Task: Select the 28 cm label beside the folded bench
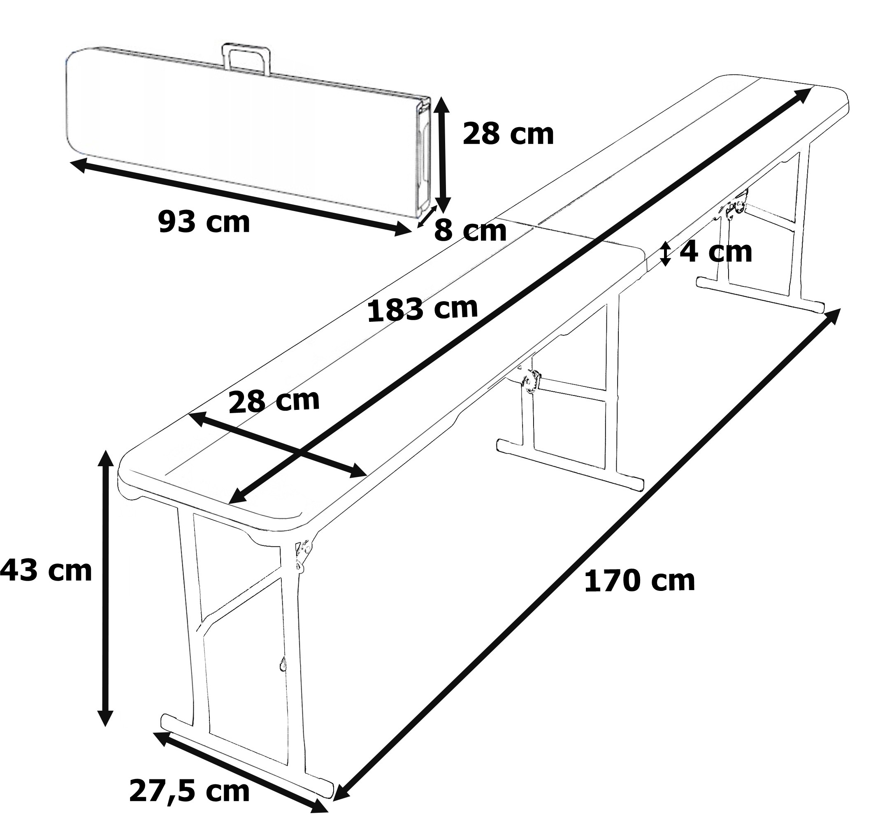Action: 508,134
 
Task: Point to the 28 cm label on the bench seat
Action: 274,401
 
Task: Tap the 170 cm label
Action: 640,581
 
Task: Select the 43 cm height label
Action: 46,571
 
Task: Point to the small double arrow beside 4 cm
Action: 666,253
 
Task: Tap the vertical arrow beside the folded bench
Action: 443,155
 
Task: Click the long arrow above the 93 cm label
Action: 241,197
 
